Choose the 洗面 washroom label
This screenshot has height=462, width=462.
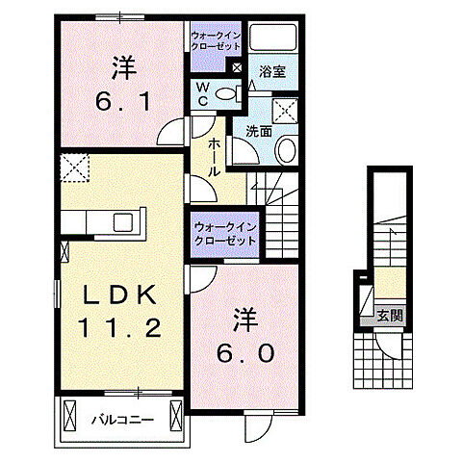[x=257, y=131]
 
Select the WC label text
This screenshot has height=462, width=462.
[x=204, y=92]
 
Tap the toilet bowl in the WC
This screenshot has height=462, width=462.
[x=228, y=93]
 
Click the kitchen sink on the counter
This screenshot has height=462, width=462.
[x=124, y=222]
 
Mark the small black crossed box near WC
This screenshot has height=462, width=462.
[x=237, y=66]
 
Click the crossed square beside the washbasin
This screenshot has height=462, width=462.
[x=285, y=109]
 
